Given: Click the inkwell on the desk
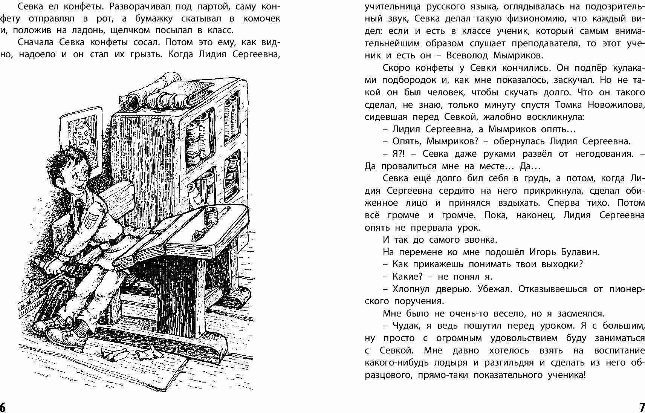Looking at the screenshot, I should pos(209,216).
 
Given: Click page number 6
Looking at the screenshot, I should pos(3,407).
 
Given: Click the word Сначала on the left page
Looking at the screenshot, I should pos(36,42).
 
